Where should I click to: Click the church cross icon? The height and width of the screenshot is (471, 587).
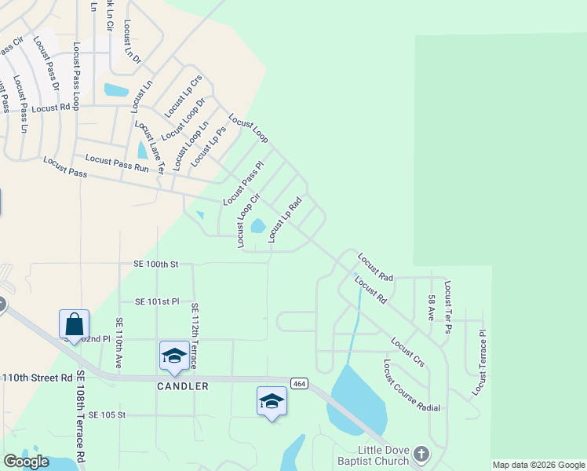click(x=421, y=455)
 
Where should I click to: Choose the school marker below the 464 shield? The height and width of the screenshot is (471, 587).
click(x=272, y=401)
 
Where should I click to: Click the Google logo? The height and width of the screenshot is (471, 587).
click(x=26, y=462)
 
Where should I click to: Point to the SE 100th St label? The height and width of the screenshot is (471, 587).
click(x=151, y=265)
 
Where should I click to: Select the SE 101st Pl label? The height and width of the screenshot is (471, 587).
click(x=158, y=301)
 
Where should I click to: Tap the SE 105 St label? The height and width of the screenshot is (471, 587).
click(x=108, y=414)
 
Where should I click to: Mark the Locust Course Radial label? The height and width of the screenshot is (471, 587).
click(x=411, y=385)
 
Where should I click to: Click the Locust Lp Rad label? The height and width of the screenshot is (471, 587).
click(x=285, y=220)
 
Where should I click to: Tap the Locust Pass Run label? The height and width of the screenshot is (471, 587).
click(x=117, y=162)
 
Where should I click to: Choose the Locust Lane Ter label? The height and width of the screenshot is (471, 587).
click(x=149, y=147)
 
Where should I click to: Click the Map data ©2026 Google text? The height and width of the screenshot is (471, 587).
click(x=538, y=465)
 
